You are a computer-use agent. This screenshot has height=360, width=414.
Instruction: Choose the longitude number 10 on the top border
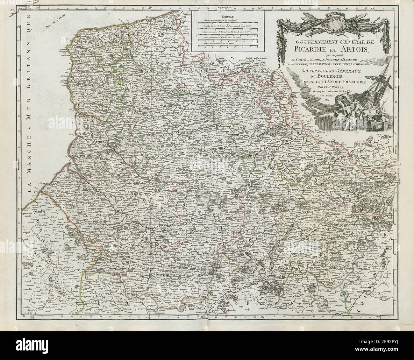coord(37,7)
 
